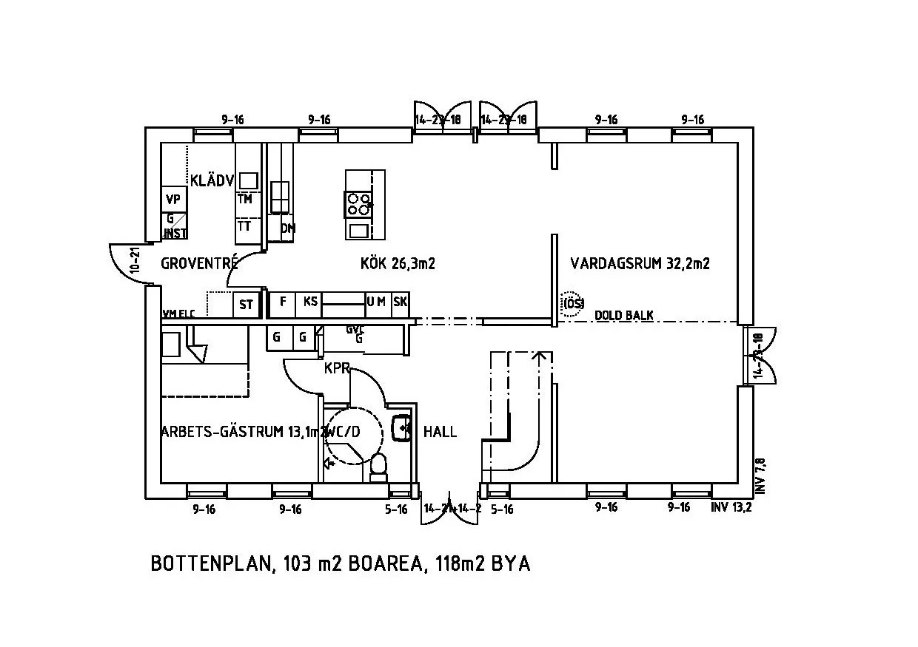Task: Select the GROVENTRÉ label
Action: click(x=199, y=262)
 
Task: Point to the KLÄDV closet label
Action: click(x=212, y=180)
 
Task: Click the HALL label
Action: click(x=440, y=432)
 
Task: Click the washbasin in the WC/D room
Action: click(x=402, y=428)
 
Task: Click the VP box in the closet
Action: click(x=173, y=200)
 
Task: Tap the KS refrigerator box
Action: click(x=310, y=302)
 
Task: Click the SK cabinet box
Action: click(x=401, y=302)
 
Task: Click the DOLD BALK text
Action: click(x=624, y=316)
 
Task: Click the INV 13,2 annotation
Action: click(x=731, y=507)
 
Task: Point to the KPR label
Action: click(x=336, y=367)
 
